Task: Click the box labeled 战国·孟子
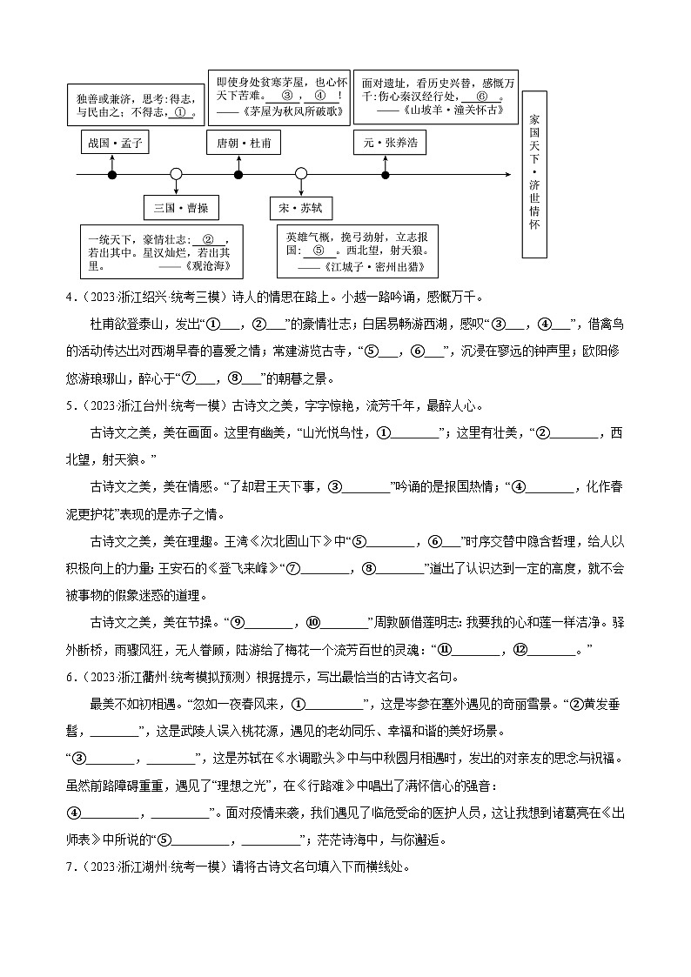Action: [x=113, y=142]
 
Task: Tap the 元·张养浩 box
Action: [x=390, y=142]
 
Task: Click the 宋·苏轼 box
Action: [x=301, y=208]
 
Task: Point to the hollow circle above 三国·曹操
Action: [x=176, y=175]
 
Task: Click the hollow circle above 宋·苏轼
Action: [x=301, y=175]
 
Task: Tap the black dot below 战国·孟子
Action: [x=112, y=175]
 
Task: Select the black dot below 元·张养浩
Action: [x=386, y=175]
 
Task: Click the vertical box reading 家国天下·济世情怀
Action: [x=534, y=173]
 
